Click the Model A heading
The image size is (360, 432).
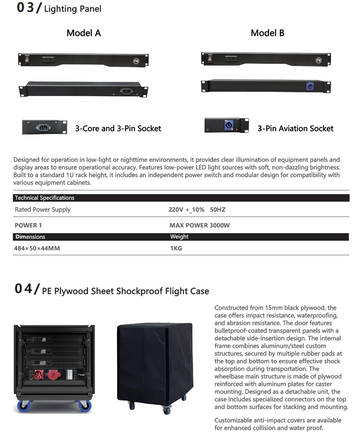83,33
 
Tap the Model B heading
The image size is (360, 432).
267,33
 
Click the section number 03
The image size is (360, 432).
25,8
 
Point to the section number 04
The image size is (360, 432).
23,289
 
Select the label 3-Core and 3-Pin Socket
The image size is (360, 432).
118,129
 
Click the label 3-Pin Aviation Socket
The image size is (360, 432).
296,129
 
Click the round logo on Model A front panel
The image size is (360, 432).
136,61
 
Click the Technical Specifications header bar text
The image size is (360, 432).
44,198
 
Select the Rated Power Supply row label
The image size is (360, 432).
43,210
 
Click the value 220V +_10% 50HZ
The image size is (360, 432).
197,210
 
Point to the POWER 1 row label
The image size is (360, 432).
28,225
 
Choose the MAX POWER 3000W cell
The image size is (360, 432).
200,225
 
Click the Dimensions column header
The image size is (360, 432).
30,237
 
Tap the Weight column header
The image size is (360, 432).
179,237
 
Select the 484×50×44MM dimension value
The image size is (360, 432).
37,248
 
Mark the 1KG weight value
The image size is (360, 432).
176,248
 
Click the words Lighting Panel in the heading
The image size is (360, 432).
73,9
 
